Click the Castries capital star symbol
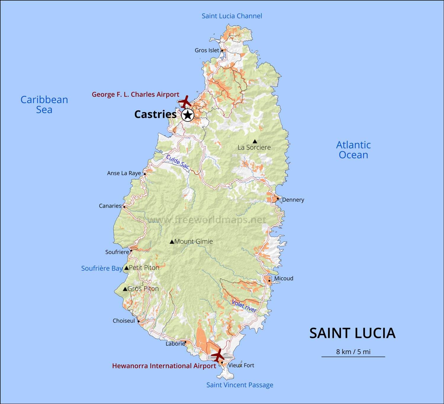(187, 115)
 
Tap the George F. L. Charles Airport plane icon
(185, 102)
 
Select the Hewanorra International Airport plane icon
(218, 355)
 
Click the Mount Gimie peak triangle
(172, 242)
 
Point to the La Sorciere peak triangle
(255, 141)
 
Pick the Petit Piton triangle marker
(126, 268)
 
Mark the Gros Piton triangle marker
(125, 289)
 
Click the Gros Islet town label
(207, 50)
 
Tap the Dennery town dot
(278, 199)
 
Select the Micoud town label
(284, 278)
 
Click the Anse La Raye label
(124, 173)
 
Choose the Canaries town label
(110, 206)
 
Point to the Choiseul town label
(123, 321)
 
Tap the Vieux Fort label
(241, 365)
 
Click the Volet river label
(244, 306)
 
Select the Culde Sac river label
(177, 162)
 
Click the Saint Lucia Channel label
(232, 16)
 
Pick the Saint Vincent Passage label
(240, 385)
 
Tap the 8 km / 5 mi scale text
(353, 352)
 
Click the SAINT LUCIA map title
(352, 333)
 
